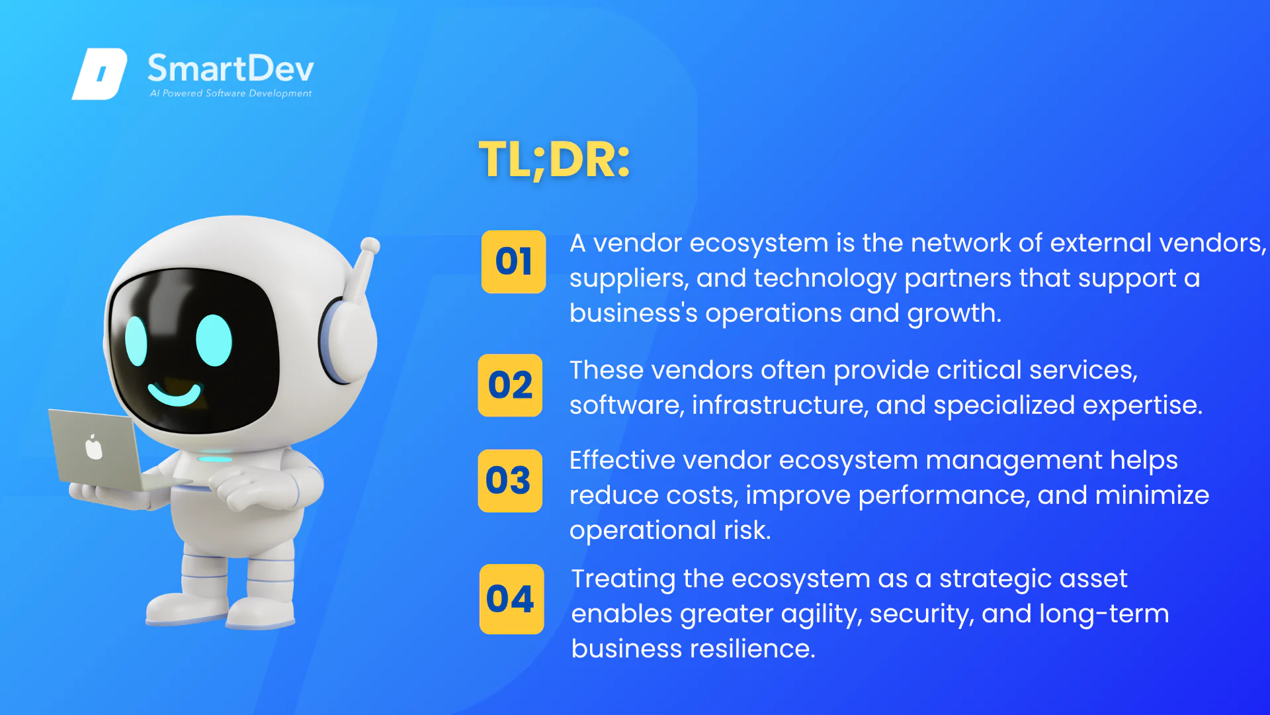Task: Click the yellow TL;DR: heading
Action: point(554,160)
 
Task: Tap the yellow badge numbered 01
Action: point(513,262)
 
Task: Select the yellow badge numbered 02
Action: point(510,385)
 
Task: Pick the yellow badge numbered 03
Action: point(510,481)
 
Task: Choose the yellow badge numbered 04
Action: point(511,599)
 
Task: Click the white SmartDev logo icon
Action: point(99,73)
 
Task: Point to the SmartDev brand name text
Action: point(230,69)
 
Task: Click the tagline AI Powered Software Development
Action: point(230,93)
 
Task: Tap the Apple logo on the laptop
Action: point(94,448)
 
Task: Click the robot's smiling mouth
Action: point(174,395)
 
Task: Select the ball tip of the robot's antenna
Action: point(370,246)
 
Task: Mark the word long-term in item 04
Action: point(1104,614)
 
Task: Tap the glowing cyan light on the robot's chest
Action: point(216,459)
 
